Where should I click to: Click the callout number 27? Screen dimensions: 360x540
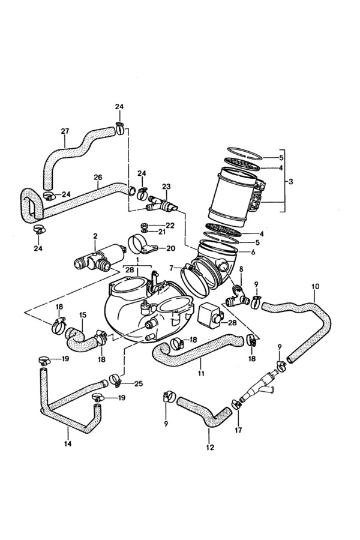tap(65, 131)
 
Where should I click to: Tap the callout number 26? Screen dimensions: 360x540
tap(98, 178)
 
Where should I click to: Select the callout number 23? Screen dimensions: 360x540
tap(166, 187)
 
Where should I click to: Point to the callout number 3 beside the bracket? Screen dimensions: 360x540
tap(291, 181)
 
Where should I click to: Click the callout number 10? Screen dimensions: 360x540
tap(315, 286)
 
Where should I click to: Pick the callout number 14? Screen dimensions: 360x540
tap(68, 444)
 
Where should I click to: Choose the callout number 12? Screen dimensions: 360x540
tap(210, 448)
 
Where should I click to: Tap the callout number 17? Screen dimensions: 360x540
tap(238, 430)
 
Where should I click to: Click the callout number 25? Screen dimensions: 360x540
tap(139, 383)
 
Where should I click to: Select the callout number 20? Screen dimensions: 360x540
tap(170, 248)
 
